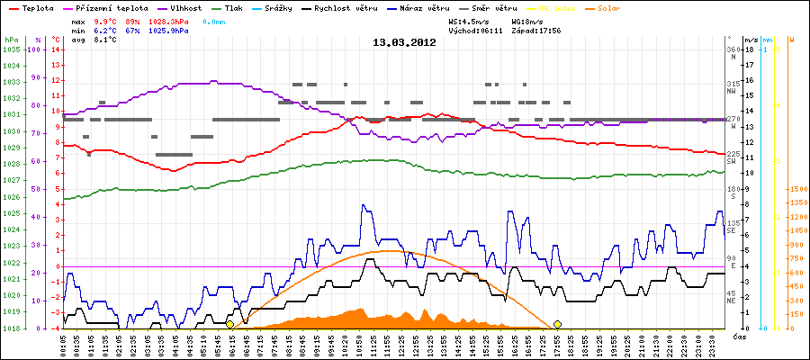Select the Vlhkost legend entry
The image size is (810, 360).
pyautogui.click(x=186, y=7)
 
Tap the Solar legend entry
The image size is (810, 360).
pyautogui.click(x=609, y=7)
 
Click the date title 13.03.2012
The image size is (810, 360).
pyautogui.click(x=405, y=41)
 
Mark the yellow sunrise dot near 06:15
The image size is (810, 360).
pyautogui.click(x=230, y=324)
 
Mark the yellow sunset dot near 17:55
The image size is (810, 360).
pyautogui.click(x=558, y=324)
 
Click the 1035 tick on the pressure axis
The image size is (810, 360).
pyautogui.click(x=11, y=50)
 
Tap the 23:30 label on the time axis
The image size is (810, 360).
pyautogui.click(x=712, y=344)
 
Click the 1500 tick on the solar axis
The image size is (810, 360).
pyautogui.click(x=797, y=190)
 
